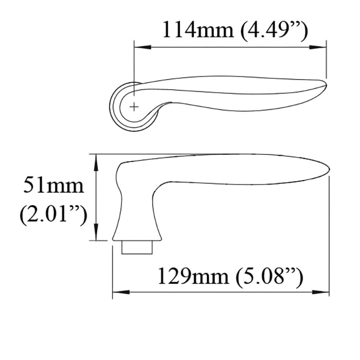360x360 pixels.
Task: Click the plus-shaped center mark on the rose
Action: click(x=134, y=107)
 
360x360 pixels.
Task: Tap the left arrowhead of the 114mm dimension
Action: click(x=139, y=47)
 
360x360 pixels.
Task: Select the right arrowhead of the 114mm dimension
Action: click(x=322, y=47)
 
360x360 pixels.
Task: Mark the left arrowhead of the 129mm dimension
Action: click(x=117, y=293)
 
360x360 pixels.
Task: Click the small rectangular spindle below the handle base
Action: click(x=137, y=247)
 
